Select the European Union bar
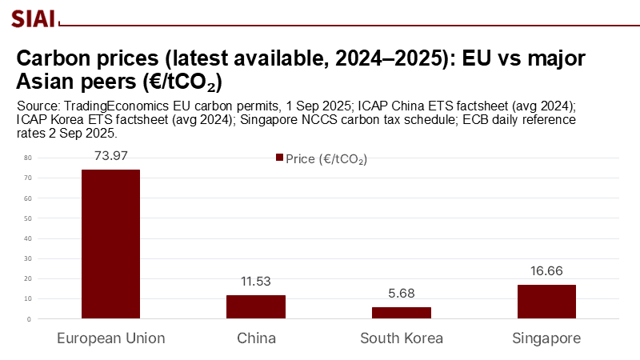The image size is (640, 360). coord(110,244)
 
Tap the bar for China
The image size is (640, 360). coord(256,307)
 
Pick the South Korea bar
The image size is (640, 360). coord(401,313)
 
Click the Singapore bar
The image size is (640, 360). coord(546,302)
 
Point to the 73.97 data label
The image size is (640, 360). coord(110,155)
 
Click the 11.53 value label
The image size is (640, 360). coord(256,282)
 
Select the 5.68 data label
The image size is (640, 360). coord(401,294)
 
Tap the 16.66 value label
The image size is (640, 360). coord(546,271)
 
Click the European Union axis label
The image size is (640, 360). coord(110,338)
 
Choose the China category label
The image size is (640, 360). coord(256,338)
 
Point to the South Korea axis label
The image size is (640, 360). coord(401,338)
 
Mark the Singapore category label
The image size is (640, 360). coord(546,338)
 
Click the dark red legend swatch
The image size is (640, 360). coord(279,158)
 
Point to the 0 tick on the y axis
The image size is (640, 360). coord(29,319)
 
